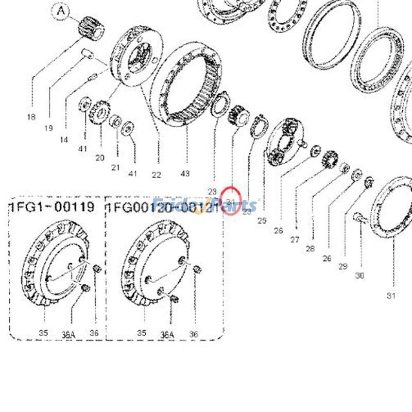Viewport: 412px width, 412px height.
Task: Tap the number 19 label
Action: (x=48, y=128)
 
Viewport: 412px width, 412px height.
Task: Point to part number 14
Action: (x=64, y=139)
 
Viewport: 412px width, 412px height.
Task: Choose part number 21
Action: (x=115, y=167)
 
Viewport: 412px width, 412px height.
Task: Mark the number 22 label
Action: (x=156, y=175)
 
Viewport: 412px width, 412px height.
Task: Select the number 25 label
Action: (x=262, y=220)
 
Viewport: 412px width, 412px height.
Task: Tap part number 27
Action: (x=295, y=239)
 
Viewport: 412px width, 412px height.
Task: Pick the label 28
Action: (x=310, y=249)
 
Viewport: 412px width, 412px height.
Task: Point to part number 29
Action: (x=343, y=266)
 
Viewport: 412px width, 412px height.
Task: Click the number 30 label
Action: (x=359, y=276)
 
